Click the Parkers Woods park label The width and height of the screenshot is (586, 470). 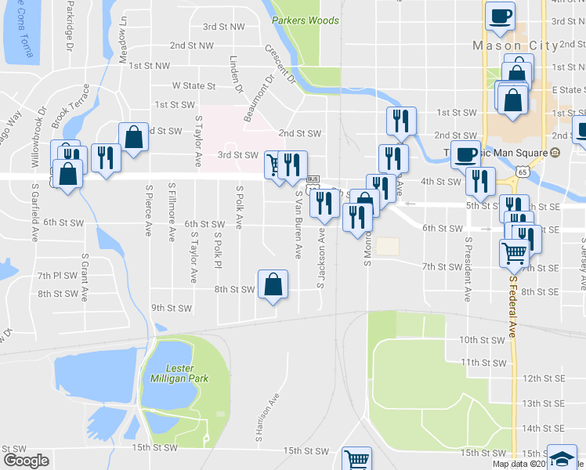click(306, 20)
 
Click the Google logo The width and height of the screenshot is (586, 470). click(26, 461)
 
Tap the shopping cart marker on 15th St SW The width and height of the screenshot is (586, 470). click(357, 458)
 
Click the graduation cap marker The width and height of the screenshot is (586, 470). click(562, 458)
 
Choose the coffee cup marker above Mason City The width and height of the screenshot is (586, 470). click(500, 16)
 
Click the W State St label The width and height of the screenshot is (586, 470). click(194, 85)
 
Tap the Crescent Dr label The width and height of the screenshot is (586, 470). click(279, 63)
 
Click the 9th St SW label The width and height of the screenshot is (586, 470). click(171, 309)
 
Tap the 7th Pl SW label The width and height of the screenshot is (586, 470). click(56, 276)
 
